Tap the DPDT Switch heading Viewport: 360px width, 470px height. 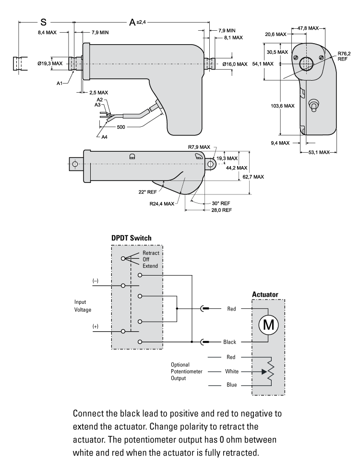coord(132,239)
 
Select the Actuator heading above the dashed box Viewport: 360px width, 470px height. coord(264,294)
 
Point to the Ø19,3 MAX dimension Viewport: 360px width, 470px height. coord(50,63)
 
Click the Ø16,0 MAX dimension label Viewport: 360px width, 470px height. coord(235,64)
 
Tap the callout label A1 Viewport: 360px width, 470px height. coord(60,83)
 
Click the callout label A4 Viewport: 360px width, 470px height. coord(105,137)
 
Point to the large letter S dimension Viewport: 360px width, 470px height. coord(43,22)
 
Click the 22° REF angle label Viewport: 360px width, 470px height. coord(148,192)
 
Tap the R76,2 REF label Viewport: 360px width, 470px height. coord(343,56)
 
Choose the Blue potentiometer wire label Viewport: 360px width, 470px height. coord(230,385)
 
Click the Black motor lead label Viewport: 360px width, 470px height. coord(229,342)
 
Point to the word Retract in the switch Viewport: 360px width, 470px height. coord(150,253)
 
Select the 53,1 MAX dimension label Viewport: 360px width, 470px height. coord(319,152)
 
